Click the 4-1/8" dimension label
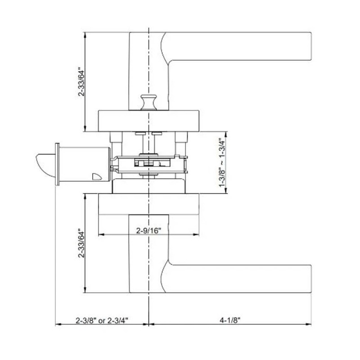point(230,320)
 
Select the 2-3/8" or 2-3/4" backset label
point(102,320)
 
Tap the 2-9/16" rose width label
point(149,230)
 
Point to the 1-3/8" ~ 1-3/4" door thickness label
point(222,162)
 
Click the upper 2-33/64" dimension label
point(81,81)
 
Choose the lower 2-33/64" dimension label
point(81,243)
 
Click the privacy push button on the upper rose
point(148,103)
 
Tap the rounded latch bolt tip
point(45,165)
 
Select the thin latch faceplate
point(57,164)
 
